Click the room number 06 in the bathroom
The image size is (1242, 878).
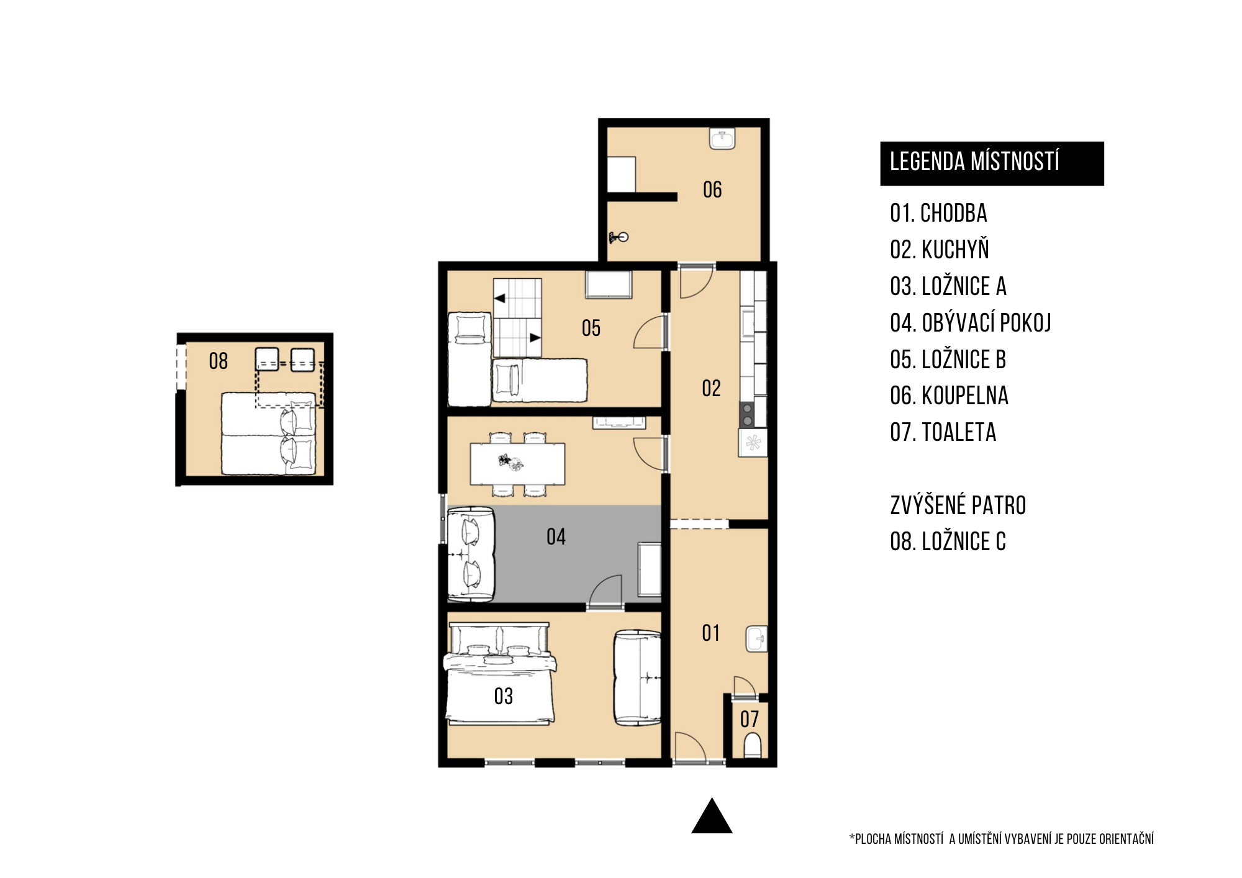[x=712, y=189]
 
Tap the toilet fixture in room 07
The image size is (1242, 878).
[x=752, y=745]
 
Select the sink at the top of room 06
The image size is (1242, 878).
[x=722, y=138]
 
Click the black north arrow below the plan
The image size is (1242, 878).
[x=712, y=815]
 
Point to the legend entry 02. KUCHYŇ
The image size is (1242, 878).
[x=940, y=250]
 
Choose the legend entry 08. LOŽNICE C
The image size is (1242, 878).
[x=948, y=541]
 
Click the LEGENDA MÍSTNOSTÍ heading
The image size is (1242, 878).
[x=974, y=161]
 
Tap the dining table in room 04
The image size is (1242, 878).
[x=517, y=463]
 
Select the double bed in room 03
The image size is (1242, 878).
[x=499, y=674]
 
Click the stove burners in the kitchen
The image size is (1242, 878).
[x=747, y=415]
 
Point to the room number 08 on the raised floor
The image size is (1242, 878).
[x=218, y=361]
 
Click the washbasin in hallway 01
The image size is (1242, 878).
[x=756, y=639]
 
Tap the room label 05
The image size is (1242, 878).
[x=591, y=328]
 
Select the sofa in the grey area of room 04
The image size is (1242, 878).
[x=470, y=554]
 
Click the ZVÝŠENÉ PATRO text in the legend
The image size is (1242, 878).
[x=958, y=505]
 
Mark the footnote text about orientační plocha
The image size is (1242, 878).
[x=1001, y=839]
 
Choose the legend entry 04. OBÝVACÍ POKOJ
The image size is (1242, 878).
[x=971, y=323]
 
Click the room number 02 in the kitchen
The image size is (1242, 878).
[x=711, y=389]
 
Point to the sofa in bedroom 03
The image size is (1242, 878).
[x=637, y=677]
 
